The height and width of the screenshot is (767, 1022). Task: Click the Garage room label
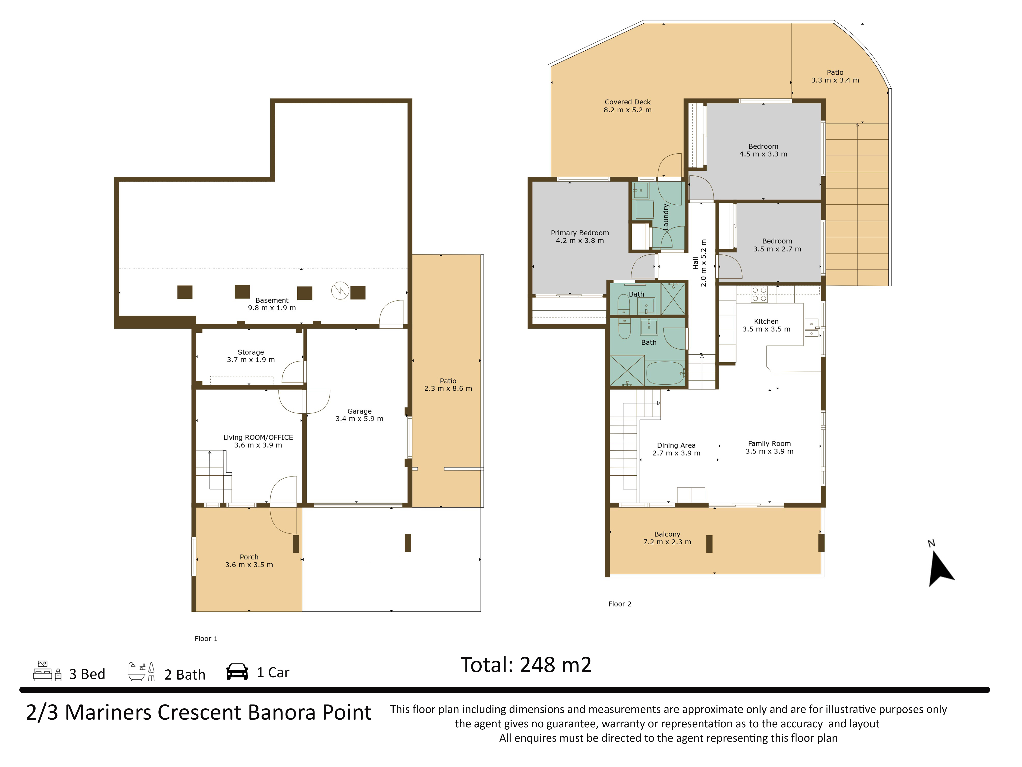(x=360, y=411)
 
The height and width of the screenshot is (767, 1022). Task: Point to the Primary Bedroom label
(x=580, y=233)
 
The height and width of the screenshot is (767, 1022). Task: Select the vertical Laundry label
(x=666, y=217)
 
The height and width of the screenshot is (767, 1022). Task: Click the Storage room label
(x=251, y=352)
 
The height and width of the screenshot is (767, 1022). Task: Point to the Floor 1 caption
(x=206, y=639)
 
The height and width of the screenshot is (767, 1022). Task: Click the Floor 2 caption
(x=620, y=604)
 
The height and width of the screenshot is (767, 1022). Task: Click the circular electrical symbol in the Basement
(x=340, y=291)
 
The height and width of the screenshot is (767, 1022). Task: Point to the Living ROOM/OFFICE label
(x=258, y=437)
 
